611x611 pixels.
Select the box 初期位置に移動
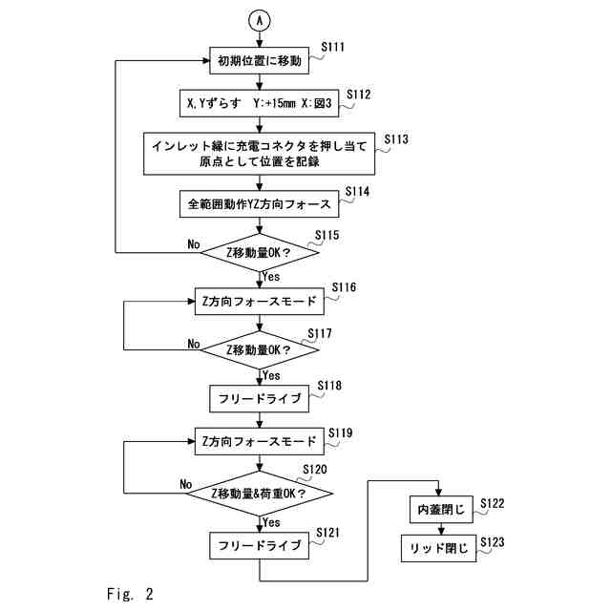260,61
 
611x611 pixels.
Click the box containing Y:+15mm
259,102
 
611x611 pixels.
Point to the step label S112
358,94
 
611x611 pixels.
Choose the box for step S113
260,153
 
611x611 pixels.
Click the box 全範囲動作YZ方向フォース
259,203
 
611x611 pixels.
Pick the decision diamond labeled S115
260,252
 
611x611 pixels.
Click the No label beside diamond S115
193,244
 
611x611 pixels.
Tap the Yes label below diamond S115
271,276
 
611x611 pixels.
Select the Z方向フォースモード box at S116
260,301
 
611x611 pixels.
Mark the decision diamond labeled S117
260,349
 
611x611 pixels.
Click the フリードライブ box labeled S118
260,396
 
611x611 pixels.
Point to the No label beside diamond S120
186,484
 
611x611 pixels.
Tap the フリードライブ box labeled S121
260,546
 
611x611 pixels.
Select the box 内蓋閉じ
440,511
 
